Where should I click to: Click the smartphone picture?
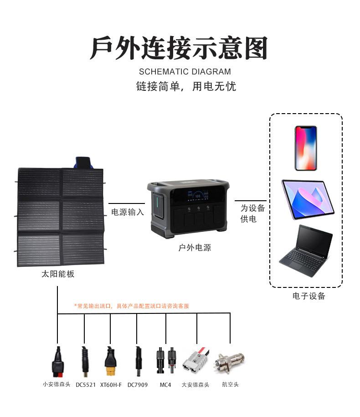pos(305,148)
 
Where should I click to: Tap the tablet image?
pos(308,200)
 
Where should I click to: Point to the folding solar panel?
pos(61,217)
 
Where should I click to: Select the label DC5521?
pos(86,385)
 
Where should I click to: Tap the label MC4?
pos(165,385)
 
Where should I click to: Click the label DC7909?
pos(138,385)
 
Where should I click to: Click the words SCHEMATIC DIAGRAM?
pos(185,72)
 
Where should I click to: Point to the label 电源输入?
pos(128,212)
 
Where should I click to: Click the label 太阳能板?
pos(58,274)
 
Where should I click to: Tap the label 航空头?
pos(230,385)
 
